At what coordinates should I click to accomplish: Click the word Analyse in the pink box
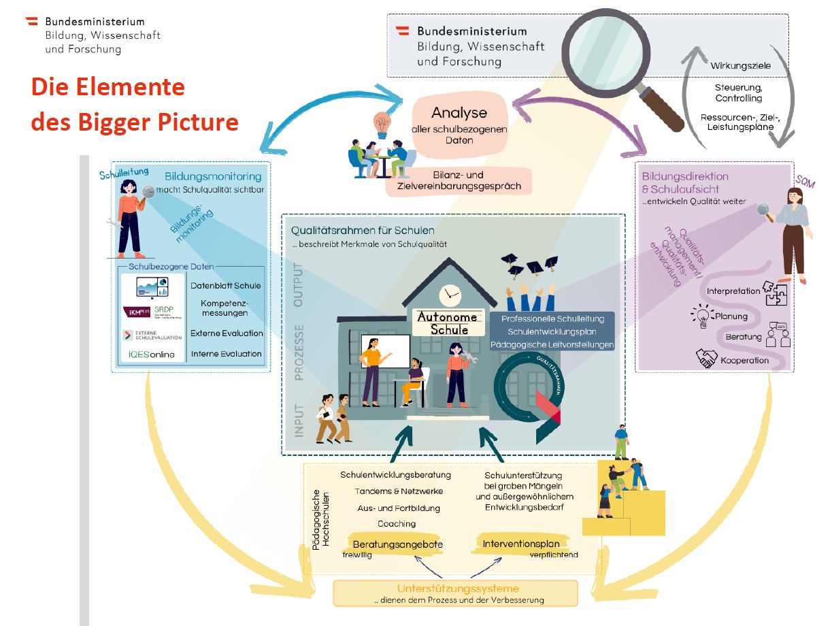tap(459, 112)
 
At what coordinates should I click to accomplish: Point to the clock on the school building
tap(450, 295)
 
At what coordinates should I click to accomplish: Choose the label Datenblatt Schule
tap(225, 286)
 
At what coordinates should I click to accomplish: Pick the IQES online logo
tap(151, 355)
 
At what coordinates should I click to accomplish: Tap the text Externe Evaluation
tap(226, 333)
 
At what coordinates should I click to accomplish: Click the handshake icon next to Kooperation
tap(707, 357)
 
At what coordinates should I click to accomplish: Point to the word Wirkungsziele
tap(741, 66)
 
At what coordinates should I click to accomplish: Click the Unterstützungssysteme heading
tap(457, 588)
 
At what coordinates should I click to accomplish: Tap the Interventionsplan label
tap(521, 544)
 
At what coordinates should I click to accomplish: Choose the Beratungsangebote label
tap(397, 544)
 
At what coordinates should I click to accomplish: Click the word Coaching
tap(397, 524)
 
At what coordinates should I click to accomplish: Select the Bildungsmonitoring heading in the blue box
tap(212, 177)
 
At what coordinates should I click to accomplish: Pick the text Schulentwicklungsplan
tap(552, 331)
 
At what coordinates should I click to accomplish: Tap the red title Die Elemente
tap(107, 88)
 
